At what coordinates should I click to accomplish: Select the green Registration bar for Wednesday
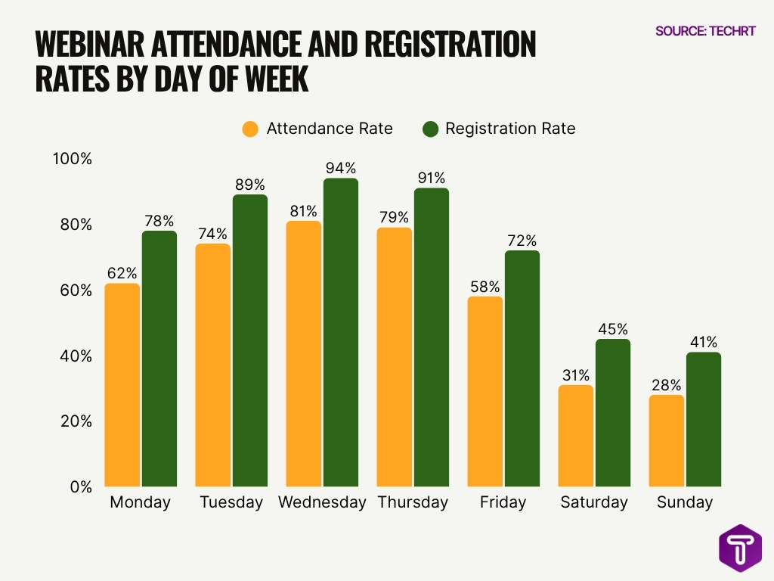(341, 332)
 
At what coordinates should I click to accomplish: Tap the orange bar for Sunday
(666, 440)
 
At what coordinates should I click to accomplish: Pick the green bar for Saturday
(612, 412)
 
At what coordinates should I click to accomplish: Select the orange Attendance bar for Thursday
(394, 356)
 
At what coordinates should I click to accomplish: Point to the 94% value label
(340, 168)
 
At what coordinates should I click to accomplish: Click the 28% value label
(666, 385)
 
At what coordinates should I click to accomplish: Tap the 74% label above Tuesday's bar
(212, 234)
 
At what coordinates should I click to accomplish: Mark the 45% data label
(612, 329)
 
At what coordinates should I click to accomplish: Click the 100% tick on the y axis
(72, 160)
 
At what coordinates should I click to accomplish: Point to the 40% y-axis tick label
(76, 356)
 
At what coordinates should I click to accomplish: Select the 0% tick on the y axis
(80, 486)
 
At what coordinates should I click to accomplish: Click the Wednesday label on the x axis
(322, 502)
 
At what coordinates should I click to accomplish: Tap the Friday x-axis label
(503, 502)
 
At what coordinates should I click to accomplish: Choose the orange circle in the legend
(250, 129)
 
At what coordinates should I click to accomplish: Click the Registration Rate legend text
(510, 129)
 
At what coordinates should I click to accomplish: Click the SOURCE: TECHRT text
(705, 31)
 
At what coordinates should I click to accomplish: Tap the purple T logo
(740, 548)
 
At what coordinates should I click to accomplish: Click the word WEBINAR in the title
(90, 45)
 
